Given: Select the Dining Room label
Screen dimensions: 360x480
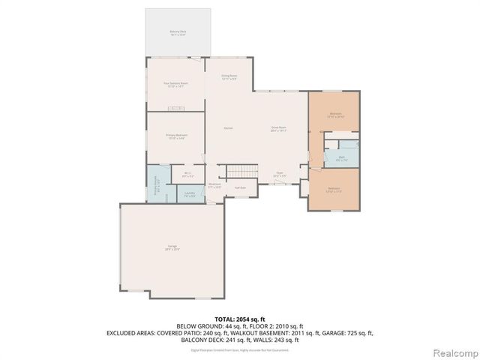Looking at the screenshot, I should pos(229,76).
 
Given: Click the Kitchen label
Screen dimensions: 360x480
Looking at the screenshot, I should pos(228,128).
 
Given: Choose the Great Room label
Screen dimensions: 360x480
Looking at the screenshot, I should pos(280,129).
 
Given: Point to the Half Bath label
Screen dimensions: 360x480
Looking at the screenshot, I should pos(241,187).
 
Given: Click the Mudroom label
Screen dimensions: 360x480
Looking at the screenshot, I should pos(214,185).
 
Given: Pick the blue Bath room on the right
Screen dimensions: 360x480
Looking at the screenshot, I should pos(341,158).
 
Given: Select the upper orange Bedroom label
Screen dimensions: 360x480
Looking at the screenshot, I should pos(334,115).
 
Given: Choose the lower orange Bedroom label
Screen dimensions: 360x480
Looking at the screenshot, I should pos(334,189).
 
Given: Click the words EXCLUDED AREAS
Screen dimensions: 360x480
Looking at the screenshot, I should pos(133,332).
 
